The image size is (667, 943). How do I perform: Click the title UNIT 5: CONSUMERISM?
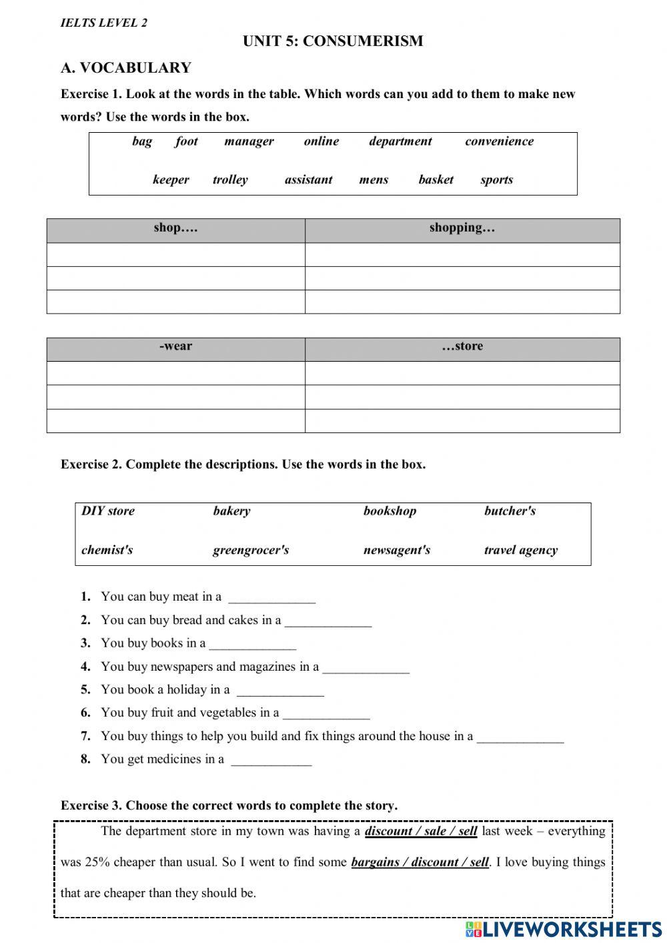click(x=333, y=41)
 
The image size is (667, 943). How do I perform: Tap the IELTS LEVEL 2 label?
click(x=104, y=23)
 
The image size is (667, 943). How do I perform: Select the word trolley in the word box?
click(x=230, y=180)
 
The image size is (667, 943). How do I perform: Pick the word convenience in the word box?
click(x=499, y=141)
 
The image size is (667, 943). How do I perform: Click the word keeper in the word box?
click(x=171, y=180)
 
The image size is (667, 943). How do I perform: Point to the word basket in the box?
click(x=436, y=180)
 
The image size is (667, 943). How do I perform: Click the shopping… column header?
click(x=462, y=228)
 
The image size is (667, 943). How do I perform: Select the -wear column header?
click(x=175, y=346)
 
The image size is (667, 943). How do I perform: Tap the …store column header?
click(x=462, y=346)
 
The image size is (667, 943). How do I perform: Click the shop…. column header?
click(x=175, y=228)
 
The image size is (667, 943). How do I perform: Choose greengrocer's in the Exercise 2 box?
click(x=251, y=551)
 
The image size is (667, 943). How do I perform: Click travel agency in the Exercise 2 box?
click(x=520, y=551)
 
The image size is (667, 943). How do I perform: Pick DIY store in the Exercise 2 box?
click(x=108, y=511)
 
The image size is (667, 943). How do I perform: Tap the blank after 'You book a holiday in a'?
click(x=280, y=691)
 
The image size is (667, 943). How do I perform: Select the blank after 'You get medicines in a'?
click(x=271, y=760)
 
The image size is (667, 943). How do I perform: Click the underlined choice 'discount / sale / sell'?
click(x=421, y=832)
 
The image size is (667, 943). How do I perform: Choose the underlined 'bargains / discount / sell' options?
click(x=420, y=862)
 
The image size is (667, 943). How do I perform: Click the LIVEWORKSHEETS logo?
click(x=564, y=929)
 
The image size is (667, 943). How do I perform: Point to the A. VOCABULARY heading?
click(x=126, y=68)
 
